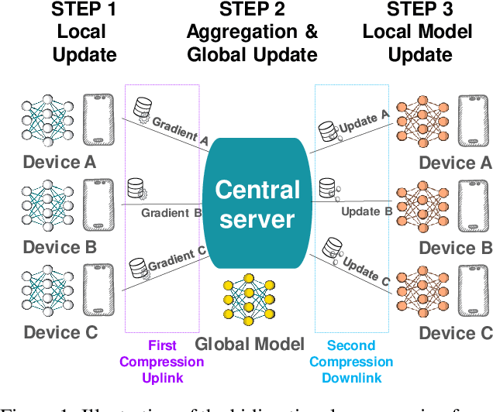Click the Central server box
coord(257,204)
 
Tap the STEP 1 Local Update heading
coord(84,33)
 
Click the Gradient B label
coord(171,212)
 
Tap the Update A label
coord(364,122)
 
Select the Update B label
coord(360,211)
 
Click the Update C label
coord(365,269)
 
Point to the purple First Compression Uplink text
coord(162,361)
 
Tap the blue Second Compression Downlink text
coord(351,361)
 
